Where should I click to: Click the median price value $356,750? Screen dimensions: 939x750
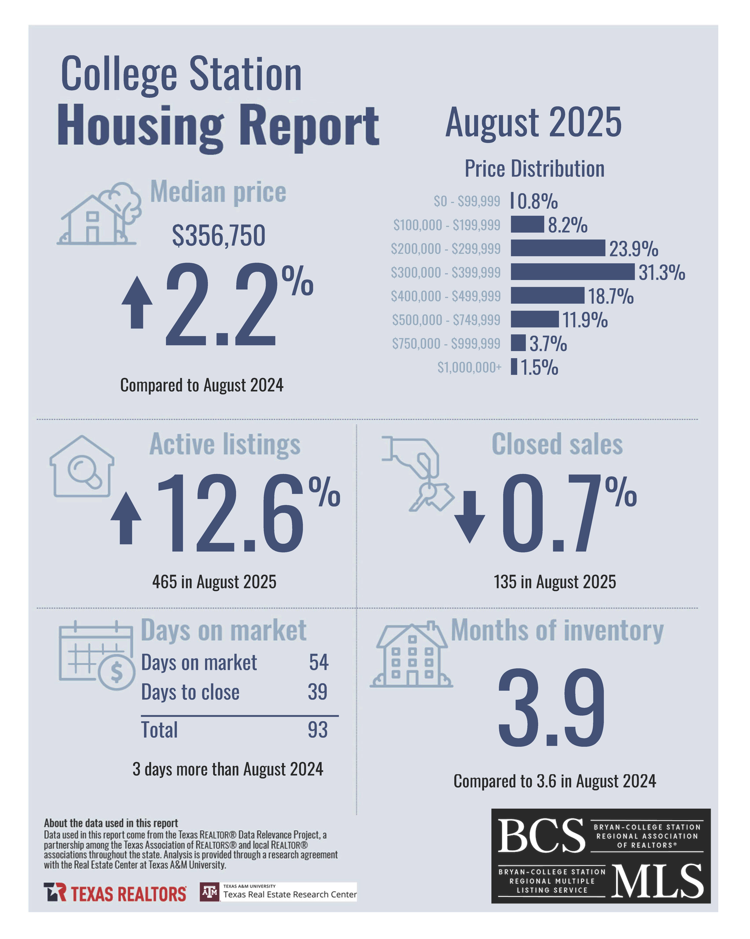click(218, 236)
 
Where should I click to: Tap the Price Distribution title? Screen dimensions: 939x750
click(534, 169)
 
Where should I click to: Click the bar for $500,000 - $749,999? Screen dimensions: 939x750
click(534, 319)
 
